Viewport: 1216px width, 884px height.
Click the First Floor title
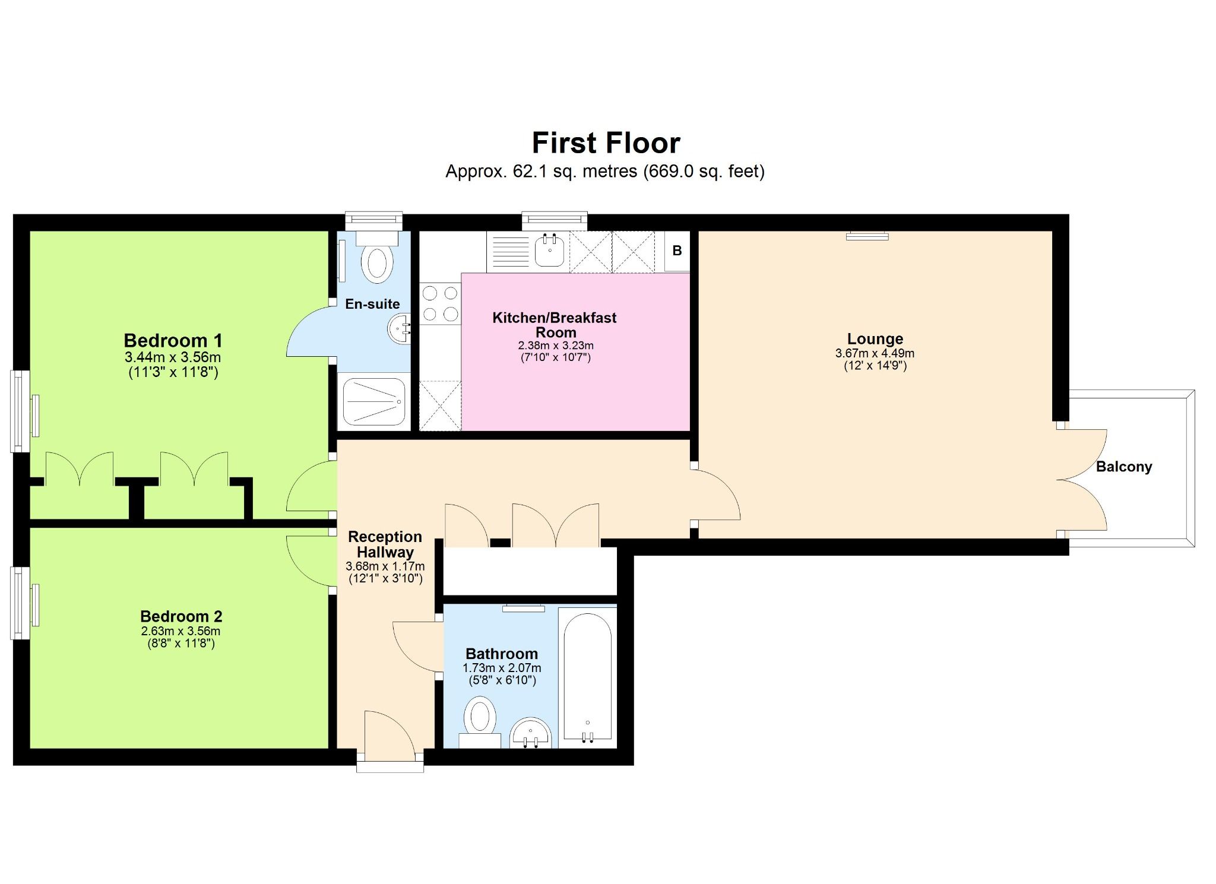coord(606,143)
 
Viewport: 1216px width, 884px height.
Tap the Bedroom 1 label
coord(173,341)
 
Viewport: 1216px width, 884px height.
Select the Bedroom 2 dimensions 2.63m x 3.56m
coord(180,631)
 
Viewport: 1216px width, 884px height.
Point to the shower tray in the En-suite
coord(373,401)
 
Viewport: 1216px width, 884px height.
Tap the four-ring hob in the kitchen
coord(440,303)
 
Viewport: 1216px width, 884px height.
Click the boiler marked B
coord(677,251)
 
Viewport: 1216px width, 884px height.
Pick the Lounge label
coord(875,339)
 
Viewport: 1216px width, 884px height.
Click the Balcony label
coord(1123,467)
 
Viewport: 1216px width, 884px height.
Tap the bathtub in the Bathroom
coord(587,676)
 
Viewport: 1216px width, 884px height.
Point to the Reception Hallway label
coord(385,544)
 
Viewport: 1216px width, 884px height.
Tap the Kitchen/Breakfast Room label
coord(555,325)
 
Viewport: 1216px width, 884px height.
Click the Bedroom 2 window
coord(21,604)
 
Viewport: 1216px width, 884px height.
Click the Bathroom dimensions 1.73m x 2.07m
coord(502,668)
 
